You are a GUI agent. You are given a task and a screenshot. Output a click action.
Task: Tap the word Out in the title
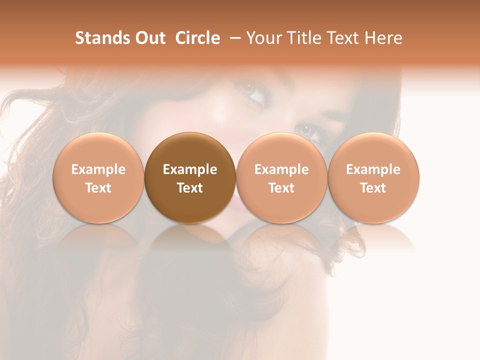[149, 38]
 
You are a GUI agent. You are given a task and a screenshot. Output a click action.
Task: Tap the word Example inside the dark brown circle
[190, 169]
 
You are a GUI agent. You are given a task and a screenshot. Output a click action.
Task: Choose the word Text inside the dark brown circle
[190, 188]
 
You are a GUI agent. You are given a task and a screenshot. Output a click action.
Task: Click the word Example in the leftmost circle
[98, 169]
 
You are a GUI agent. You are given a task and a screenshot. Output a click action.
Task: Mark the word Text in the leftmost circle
[98, 188]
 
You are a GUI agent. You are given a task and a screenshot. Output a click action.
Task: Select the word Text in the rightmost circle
[373, 188]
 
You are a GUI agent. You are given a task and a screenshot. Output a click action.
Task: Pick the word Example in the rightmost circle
[373, 169]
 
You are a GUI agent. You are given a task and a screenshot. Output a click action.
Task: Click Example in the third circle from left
[281, 169]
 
